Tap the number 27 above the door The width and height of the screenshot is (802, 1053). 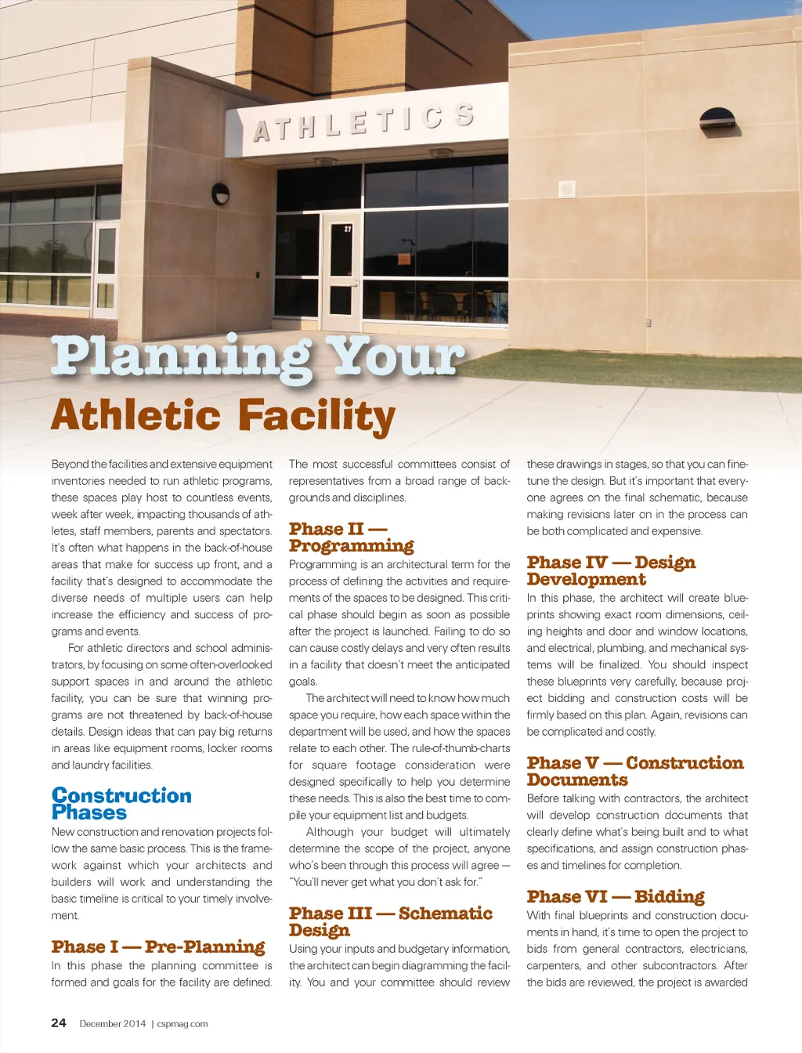[x=348, y=229]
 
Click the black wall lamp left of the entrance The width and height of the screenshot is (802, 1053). [x=221, y=194]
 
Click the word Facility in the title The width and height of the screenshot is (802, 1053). [x=317, y=416]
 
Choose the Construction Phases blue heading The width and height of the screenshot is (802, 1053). [x=121, y=804]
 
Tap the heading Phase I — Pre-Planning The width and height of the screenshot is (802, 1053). [x=158, y=947]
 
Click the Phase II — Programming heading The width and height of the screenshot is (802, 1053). [x=351, y=537]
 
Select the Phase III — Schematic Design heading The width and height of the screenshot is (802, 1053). [x=390, y=921]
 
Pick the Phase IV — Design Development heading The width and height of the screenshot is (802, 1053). [x=611, y=570]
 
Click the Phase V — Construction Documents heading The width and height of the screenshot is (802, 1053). [x=634, y=771]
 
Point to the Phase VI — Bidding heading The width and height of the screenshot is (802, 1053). [x=616, y=896]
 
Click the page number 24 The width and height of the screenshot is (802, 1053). [x=59, y=1022]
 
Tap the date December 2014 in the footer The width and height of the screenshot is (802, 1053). [x=113, y=1023]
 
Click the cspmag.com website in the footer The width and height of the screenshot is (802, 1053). [x=182, y=1023]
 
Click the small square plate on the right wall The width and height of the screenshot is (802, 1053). [x=567, y=189]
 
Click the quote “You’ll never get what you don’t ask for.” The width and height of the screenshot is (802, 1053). [x=385, y=882]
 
